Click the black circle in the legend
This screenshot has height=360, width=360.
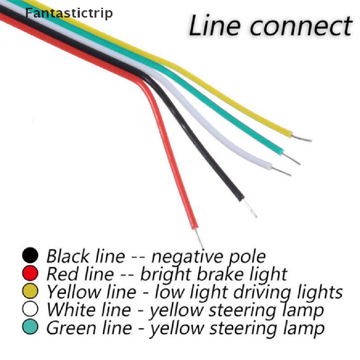(x=30, y=255)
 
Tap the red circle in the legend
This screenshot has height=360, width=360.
(x=30, y=273)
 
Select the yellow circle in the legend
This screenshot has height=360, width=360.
(x=30, y=291)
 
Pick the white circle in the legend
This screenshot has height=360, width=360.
(x=30, y=309)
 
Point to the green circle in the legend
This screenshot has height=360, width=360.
(x=30, y=327)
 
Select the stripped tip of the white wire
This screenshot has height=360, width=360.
(x=282, y=172)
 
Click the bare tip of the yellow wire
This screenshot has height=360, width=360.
(x=302, y=137)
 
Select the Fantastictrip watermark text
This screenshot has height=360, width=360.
(x=69, y=13)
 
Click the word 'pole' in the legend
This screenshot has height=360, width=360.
(x=248, y=257)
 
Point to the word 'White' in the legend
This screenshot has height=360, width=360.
(x=70, y=310)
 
